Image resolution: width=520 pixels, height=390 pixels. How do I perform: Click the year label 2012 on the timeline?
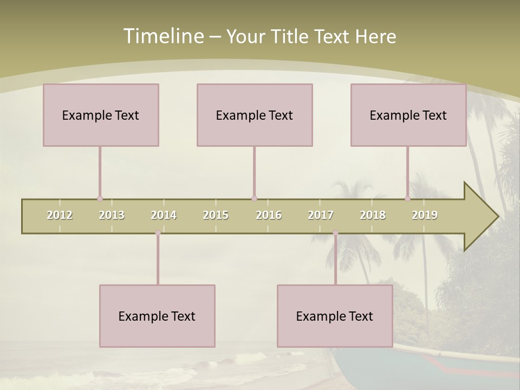[x=60, y=215]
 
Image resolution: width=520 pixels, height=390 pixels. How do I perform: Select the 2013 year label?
[x=112, y=215]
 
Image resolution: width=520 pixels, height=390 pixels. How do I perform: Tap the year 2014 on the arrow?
[x=164, y=215]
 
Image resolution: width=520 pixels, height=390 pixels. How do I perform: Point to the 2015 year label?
[x=216, y=215]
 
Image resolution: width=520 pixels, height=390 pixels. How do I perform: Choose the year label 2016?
[x=269, y=215]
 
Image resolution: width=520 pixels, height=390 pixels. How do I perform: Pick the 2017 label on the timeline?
[x=321, y=215]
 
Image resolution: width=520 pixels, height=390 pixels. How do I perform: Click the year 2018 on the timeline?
[x=373, y=215]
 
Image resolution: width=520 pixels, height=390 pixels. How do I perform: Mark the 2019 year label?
[x=425, y=215]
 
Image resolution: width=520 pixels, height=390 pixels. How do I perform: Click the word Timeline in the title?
[x=162, y=36]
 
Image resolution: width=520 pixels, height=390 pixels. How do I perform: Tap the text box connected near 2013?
[x=101, y=115]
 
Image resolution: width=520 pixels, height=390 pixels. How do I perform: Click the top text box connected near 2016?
[x=255, y=115]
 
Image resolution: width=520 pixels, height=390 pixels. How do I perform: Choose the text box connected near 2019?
[x=408, y=115]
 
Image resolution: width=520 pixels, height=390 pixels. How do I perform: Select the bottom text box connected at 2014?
[x=157, y=316]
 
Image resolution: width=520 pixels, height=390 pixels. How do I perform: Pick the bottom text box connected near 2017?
[x=335, y=316]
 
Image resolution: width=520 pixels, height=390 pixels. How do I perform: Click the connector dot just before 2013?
[x=100, y=199]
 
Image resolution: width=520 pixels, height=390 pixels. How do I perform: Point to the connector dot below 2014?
[x=158, y=233]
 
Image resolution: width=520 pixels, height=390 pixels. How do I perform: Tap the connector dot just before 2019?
[x=408, y=199]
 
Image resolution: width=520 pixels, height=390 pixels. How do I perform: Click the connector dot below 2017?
[x=335, y=233]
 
